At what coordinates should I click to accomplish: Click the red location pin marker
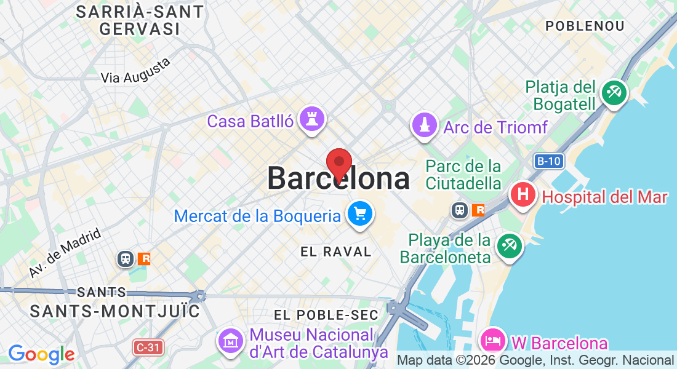(338, 164)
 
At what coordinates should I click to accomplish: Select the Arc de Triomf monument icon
(424, 126)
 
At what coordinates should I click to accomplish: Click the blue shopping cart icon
(359, 215)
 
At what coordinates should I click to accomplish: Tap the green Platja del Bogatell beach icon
(614, 93)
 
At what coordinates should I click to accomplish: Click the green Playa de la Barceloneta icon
(509, 247)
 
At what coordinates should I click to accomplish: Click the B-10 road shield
(548, 162)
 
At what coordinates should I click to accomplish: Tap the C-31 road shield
(148, 348)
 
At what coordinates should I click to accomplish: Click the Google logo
(41, 354)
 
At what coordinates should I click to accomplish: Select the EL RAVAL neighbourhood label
(336, 252)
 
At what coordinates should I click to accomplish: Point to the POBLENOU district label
(585, 26)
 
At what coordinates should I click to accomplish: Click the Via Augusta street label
(135, 71)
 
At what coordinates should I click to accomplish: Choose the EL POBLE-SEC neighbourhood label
(326, 315)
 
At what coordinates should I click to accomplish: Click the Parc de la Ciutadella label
(463, 175)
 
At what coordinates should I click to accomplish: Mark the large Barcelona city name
(338, 179)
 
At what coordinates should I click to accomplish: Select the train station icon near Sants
(126, 259)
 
